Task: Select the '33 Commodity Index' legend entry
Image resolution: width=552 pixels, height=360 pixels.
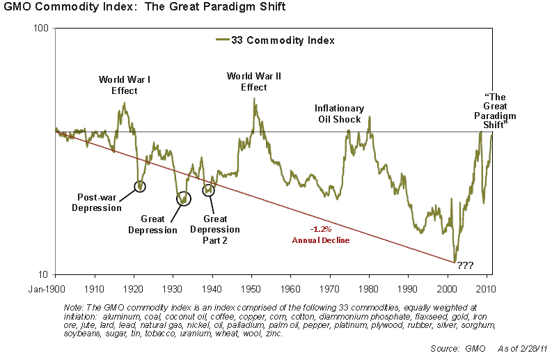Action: click(x=274, y=40)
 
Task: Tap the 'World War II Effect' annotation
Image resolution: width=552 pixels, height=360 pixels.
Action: click(x=254, y=81)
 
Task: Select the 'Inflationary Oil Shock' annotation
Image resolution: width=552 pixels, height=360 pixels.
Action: click(x=339, y=114)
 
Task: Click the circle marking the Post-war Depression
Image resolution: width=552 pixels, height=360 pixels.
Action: click(x=141, y=186)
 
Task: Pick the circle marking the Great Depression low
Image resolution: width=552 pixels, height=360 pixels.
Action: click(x=183, y=199)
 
